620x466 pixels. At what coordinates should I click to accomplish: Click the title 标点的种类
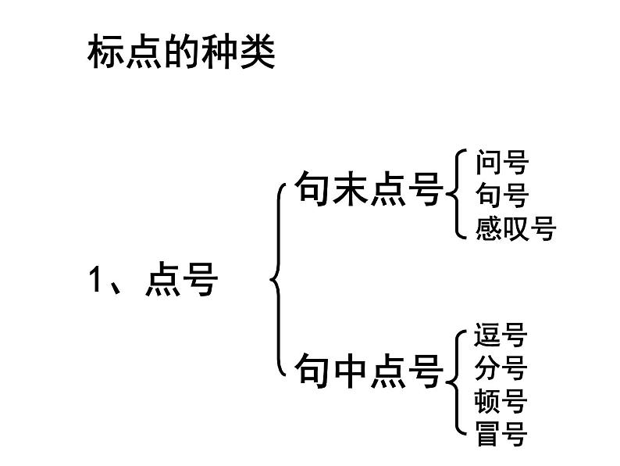(180, 53)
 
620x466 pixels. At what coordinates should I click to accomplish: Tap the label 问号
(501, 163)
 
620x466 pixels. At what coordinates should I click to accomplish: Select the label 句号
(501, 195)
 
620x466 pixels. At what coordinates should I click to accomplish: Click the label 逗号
(501, 335)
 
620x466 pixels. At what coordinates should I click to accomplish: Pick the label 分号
(501, 368)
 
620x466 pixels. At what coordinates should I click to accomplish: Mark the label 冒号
(501, 433)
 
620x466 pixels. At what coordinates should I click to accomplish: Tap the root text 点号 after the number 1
(181, 281)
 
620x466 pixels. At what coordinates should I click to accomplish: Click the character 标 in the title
(105, 53)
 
